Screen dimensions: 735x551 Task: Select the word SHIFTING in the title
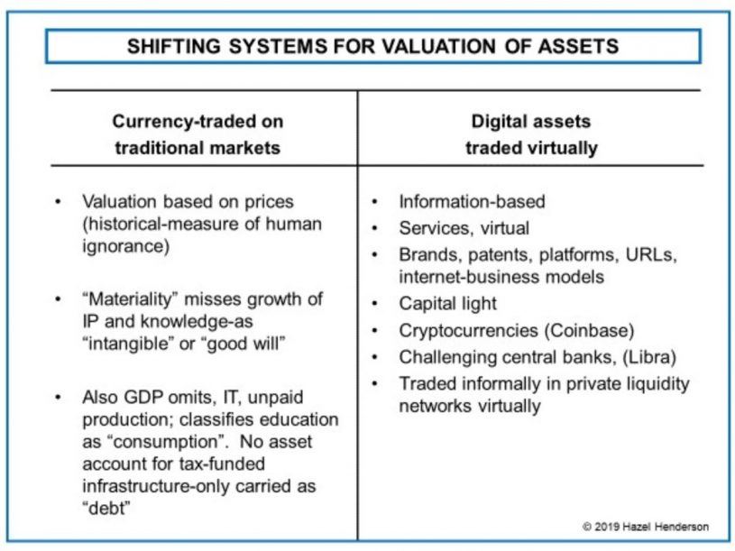point(173,46)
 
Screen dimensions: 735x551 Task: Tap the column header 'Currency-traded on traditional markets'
point(198,134)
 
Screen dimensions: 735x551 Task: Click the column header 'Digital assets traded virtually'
point(531,134)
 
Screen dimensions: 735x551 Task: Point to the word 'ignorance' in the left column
point(125,246)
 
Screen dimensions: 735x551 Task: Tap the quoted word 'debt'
point(106,508)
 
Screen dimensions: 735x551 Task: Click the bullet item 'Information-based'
point(472,201)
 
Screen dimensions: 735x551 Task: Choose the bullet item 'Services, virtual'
point(464,228)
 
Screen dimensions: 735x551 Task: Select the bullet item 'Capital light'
point(447,304)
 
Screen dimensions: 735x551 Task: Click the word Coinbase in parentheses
point(589,330)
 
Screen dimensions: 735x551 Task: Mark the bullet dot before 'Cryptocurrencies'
point(374,331)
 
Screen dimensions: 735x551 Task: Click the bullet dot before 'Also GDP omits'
point(58,398)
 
